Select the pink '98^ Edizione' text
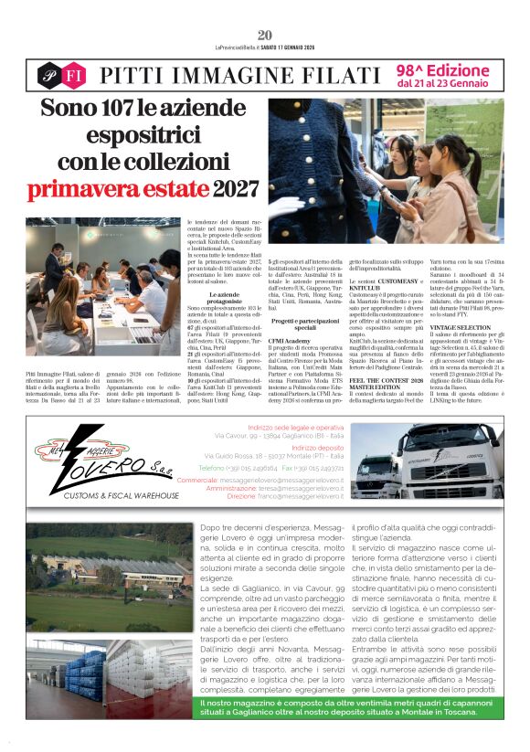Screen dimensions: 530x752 tap(442, 69)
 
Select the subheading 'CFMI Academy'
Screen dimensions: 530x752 tap(289, 341)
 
